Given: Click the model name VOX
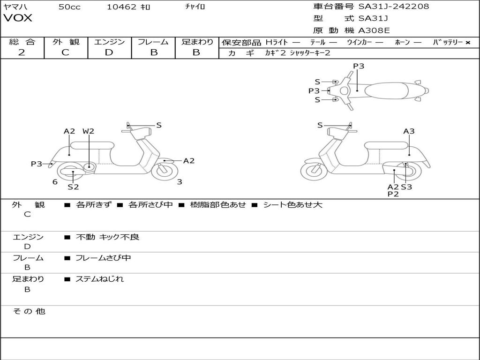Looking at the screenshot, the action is [x=18, y=18].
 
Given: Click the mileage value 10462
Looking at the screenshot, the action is [x=121, y=7].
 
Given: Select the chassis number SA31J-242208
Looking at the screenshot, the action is [x=394, y=7].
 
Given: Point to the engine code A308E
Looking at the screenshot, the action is [x=374, y=31].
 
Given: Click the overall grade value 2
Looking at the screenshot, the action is [x=22, y=52].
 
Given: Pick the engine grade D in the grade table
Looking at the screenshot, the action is [x=109, y=52].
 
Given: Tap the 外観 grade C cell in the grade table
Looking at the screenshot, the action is [x=65, y=52].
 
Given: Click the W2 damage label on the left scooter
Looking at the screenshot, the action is [x=88, y=131].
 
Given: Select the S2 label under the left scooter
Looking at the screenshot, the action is [x=73, y=187].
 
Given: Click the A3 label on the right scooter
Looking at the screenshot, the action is [x=409, y=131].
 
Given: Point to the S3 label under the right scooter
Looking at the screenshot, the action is [x=406, y=187].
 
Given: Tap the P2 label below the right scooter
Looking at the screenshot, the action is [x=393, y=194].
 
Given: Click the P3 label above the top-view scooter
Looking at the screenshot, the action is [x=359, y=66].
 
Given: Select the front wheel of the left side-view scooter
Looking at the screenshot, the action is [x=165, y=170].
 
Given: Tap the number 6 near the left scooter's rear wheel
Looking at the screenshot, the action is [x=55, y=182].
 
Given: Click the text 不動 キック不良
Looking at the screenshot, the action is [x=107, y=237].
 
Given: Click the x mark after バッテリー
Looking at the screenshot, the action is [x=467, y=43].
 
